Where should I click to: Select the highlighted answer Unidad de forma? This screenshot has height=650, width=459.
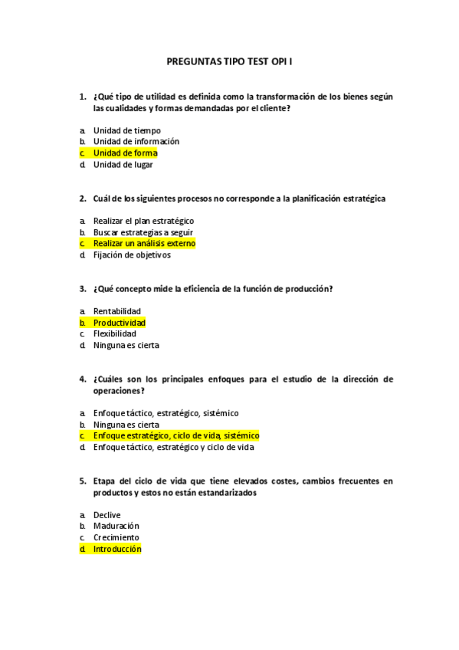pos(125,153)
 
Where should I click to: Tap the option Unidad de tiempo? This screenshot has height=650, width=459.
pos(126,130)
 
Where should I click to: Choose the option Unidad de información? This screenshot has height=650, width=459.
pos(136,141)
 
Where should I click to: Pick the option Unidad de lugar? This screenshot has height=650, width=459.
pos(123,164)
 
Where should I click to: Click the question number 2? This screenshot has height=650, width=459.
pos(82,199)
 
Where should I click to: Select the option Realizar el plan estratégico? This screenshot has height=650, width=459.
pos(143,221)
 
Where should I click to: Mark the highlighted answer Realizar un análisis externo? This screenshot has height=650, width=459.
pos(144,243)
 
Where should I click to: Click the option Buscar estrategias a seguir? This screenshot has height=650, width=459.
pos(143,232)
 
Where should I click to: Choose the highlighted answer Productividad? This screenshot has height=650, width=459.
pos(119,323)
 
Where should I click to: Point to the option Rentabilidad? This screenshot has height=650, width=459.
pos(116,311)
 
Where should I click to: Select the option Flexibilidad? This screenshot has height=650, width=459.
pos(115,333)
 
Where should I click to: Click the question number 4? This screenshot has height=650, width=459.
pos(82,379)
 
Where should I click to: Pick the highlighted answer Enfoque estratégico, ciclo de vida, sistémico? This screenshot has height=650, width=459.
pos(175,435)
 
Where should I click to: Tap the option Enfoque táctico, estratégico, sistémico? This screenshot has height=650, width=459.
pos(166,413)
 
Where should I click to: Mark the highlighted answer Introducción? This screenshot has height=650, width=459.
pos(117,549)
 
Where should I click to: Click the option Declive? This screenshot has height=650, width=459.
pos(107,515)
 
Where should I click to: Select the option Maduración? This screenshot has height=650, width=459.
pos(116,526)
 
